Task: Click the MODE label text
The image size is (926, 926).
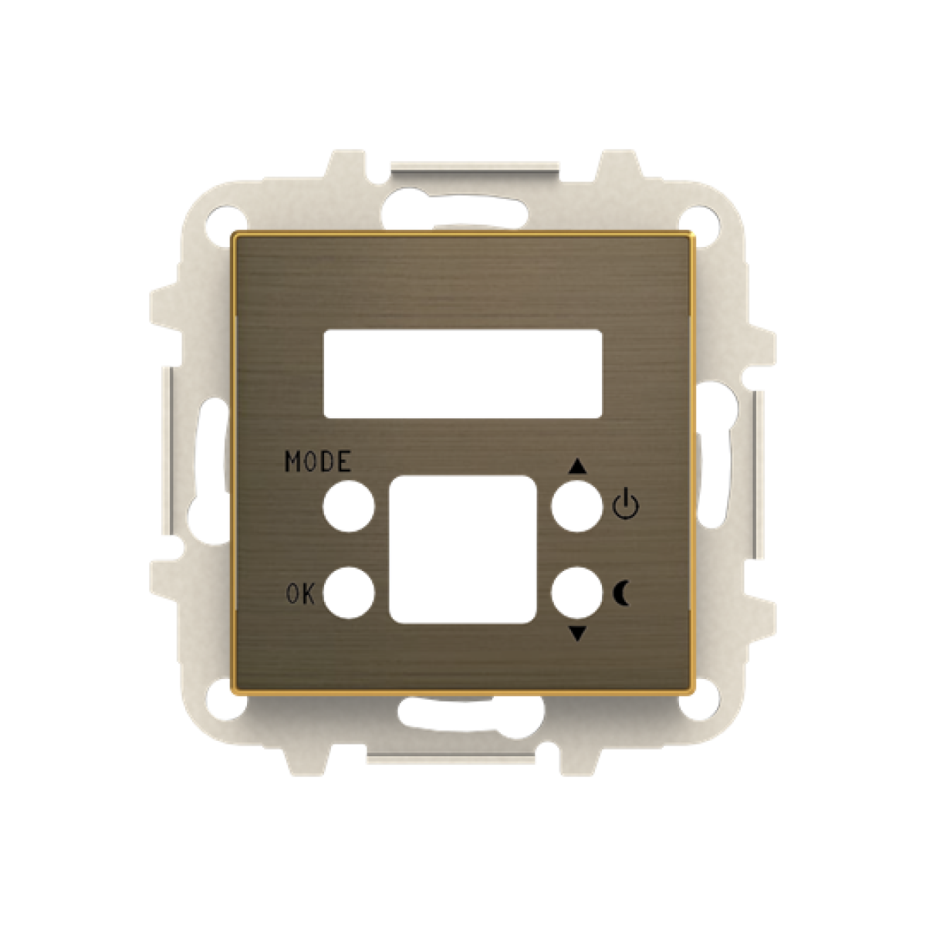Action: [318, 461]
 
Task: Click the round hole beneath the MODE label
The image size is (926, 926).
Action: [348, 507]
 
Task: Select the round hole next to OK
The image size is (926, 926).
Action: [348, 593]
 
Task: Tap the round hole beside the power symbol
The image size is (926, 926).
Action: [576, 507]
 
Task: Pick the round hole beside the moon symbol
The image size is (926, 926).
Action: [576, 593]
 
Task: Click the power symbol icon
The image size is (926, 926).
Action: [625, 505]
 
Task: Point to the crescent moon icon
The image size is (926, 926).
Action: [622, 593]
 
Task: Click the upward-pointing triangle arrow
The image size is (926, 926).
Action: [577, 467]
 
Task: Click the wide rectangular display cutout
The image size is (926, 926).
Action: [462, 373]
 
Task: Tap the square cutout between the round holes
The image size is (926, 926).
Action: [462, 549]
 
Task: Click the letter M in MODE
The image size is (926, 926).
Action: [294, 461]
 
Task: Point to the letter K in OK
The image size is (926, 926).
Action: [308, 594]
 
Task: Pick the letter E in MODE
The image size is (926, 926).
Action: [343, 461]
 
